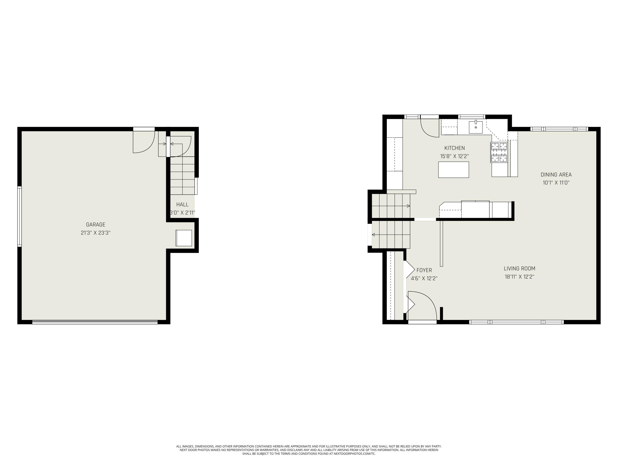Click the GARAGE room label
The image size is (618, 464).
[96, 224]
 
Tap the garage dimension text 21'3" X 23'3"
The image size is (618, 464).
[96, 233]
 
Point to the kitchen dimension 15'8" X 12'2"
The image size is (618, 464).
[454, 156]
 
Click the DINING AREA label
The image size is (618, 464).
[556, 174]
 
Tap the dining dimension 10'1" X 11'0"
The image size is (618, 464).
[556, 183]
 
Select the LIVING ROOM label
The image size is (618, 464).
[519, 269]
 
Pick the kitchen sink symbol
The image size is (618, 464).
[475, 127]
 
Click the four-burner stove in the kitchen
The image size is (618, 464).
[499, 152]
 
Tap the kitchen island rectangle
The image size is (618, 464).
[453, 170]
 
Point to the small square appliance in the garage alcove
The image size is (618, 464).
[184, 238]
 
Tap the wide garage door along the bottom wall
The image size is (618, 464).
[95, 322]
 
